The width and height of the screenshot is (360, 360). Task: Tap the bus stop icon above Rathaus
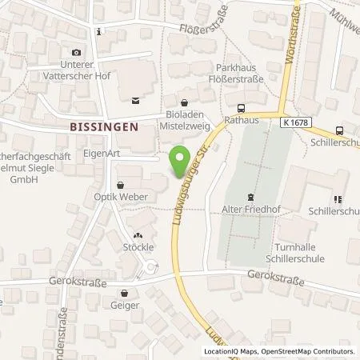pyautogui.click(x=242, y=108)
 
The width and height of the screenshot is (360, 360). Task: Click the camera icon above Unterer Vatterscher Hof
pyautogui.click(x=77, y=51)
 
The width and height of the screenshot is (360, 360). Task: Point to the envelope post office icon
pyautogui.click(x=134, y=100)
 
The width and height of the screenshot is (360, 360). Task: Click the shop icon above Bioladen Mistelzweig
pyautogui.click(x=186, y=102)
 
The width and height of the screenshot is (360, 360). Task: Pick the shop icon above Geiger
pyautogui.click(x=125, y=293)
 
